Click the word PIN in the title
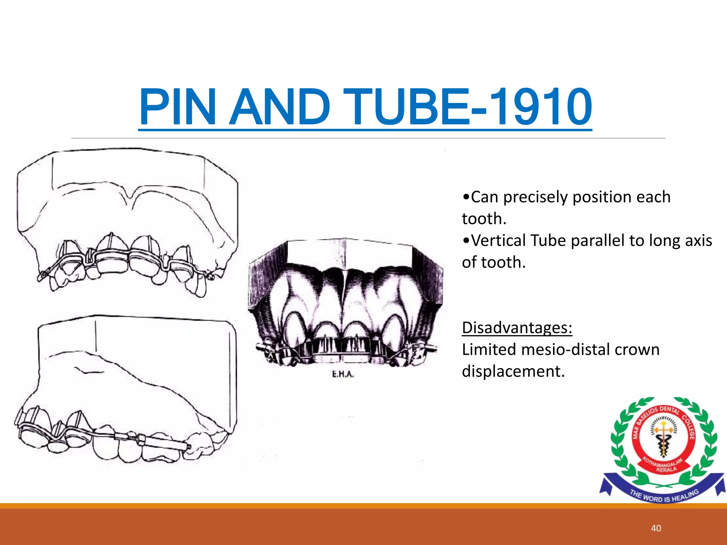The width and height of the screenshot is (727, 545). click(177, 107)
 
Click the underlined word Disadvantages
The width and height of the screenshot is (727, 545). click(517, 327)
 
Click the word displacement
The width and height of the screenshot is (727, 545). click(513, 371)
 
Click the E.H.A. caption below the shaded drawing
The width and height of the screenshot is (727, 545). click(343, 374)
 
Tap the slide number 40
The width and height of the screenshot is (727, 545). click(656, 528)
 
